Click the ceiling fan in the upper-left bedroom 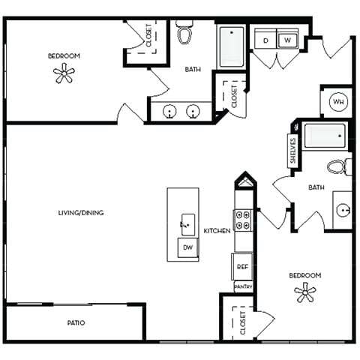pos(64,73)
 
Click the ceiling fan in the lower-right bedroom pos(305,292)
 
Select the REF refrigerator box pos(242,266)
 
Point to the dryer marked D pos(265,40)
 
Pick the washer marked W pos(289,40)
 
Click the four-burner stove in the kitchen pos(243,220)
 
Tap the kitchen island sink pos(185,222)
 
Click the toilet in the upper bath pos(185,34)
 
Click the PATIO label pos(75,323)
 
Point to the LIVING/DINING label pos(80,213)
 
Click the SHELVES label pos(292,151)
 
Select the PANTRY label pos(243,286)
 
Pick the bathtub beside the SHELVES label pos(324,137)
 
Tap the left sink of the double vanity pos(171,112)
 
